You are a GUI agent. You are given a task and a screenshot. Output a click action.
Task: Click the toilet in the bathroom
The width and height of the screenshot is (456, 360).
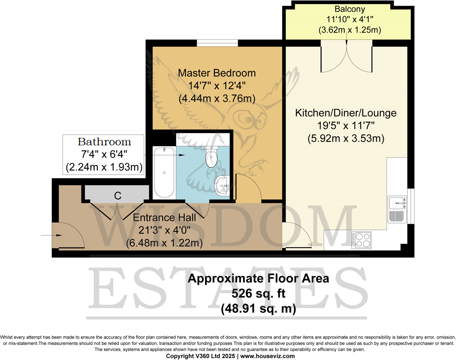pyautogui.click(x=211, y=156)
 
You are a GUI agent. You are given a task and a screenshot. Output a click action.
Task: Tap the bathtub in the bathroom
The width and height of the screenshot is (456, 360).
pyautogui.click(x=164, y=172)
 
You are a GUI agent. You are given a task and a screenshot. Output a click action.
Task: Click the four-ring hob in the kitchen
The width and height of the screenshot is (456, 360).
pyautogui.click(x=362, y=239)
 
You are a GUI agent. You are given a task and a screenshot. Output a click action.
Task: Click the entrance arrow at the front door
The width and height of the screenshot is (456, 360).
pyautogui.click(x=51, y=235)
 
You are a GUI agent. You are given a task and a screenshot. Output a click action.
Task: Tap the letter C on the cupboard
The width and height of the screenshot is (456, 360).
pyautogui.click(x=117, y=196)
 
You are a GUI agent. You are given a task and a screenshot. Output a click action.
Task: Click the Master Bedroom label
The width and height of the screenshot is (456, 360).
pyautogui.click(x=216, y=73)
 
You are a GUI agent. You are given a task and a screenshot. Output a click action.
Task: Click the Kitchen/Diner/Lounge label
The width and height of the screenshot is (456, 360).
pyautogui.click(x=346, y=112)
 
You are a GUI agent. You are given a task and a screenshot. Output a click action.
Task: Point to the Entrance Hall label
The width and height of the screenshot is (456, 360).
pyautogui.click(x=164, y=218)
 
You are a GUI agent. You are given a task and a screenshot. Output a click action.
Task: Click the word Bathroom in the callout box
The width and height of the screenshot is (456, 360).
pyautogui.click(x=104, y=142)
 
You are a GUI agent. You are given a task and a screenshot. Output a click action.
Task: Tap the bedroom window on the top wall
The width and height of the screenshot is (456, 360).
pyautogui.click(x=217, y=43)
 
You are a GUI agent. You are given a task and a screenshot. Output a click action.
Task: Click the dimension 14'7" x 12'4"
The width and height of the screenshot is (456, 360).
pyautogui.click(x=216, y=86)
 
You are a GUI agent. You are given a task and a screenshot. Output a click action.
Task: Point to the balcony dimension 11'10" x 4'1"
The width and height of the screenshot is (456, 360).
pyautogui.click(x=350, y=19)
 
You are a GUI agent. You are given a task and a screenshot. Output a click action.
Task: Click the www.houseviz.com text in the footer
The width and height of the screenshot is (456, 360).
pyautogui.click(x=267, y=356)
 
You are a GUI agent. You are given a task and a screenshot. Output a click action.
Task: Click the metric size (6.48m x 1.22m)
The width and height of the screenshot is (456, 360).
pyautogui.click(x=164, y=243)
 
